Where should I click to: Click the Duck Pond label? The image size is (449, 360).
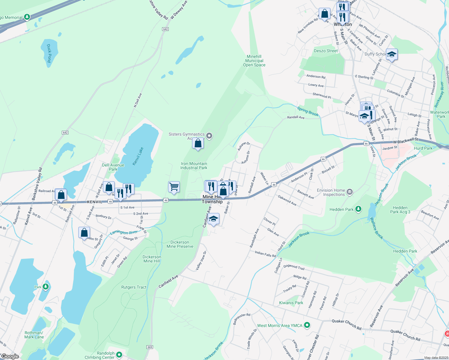coord(49,53)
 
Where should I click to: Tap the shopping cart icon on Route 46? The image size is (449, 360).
coord(174,187)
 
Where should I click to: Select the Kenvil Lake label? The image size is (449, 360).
coord(138,156)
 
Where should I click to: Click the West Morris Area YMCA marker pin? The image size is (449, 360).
coord(307,325)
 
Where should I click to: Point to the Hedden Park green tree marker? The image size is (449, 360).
coord(358,209)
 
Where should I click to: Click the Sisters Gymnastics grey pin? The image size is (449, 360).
coord(209,136)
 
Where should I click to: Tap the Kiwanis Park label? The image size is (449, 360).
coord(291,303)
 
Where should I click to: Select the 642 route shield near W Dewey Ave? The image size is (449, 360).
coord(165,29)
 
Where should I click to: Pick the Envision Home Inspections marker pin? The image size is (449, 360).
coord(350,192)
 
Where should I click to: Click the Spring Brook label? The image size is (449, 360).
coord(308,111)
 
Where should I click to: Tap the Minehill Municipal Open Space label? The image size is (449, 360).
coord(254,61)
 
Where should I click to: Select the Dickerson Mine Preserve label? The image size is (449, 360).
coord(180,244)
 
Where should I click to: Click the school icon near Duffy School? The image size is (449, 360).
coord(392,55)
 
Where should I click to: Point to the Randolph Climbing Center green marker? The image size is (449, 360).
coord(119,355)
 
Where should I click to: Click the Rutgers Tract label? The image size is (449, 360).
coord(134,287)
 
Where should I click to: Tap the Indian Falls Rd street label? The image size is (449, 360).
coord(265,254)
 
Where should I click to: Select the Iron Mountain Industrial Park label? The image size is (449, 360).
coord(194,166)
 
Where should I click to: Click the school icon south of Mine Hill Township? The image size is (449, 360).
coord(213,219)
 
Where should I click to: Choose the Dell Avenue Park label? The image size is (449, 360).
coord(113,167)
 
